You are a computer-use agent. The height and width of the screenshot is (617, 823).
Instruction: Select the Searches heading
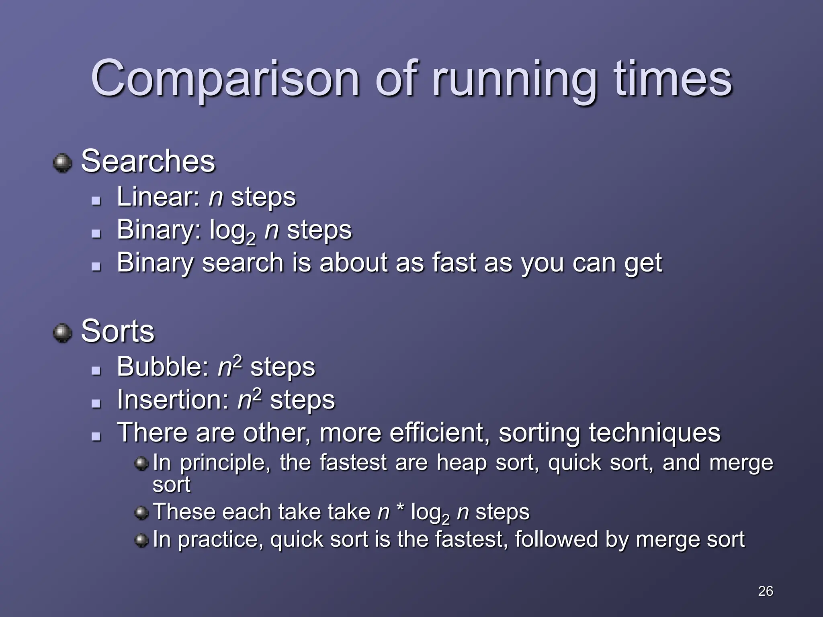pos(148,161)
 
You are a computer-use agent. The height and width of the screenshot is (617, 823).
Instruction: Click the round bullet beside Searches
pos(62,163)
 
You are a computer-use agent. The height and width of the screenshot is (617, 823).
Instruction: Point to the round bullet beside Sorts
pos(62,333)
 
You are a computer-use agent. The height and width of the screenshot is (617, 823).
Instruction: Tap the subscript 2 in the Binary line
pos(250,239)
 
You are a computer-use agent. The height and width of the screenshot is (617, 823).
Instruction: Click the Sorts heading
pos(117,331)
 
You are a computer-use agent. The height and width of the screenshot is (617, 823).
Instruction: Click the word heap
pos(461,463)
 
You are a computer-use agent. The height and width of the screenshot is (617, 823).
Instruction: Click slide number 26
pos(765,591)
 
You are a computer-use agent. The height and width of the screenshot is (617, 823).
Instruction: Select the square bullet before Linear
pos(96,200)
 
